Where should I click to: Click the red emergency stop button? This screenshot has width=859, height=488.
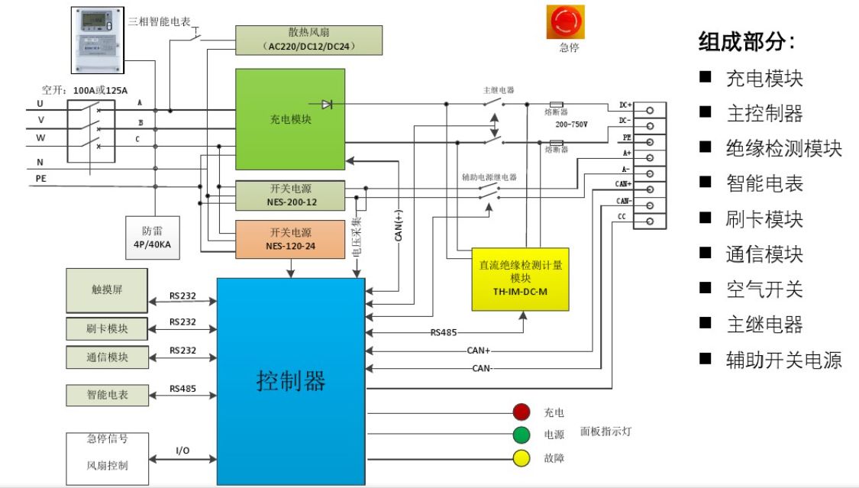(564, 22)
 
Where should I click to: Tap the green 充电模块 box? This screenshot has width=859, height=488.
(290, 119)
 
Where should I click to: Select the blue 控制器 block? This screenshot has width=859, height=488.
(291, 380)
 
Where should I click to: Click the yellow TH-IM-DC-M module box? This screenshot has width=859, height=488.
(520, 279)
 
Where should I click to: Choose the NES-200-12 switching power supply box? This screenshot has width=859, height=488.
(290, 196)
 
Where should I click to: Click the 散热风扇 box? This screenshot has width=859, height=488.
(308, 40)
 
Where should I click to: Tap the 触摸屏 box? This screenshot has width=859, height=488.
(107, 291)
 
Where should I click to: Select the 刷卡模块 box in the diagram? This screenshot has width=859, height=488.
(107, 329)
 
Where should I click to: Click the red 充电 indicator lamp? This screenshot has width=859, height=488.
(522, 412)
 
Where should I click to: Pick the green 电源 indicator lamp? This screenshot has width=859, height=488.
(522, 435)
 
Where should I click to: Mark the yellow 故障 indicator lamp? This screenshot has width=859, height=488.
(522, 459)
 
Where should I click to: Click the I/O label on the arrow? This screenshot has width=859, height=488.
(182, 451)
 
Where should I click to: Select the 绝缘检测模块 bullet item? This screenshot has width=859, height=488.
(783, 148)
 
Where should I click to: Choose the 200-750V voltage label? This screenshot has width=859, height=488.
(571, 123)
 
